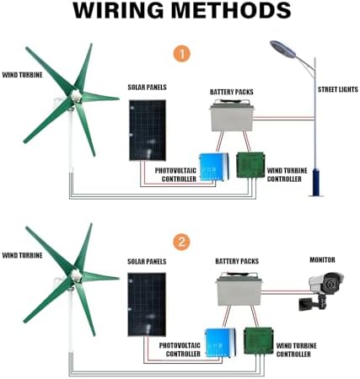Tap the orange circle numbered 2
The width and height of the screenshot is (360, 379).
pos(180,242)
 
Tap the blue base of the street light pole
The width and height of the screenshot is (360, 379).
pos(315,181)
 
